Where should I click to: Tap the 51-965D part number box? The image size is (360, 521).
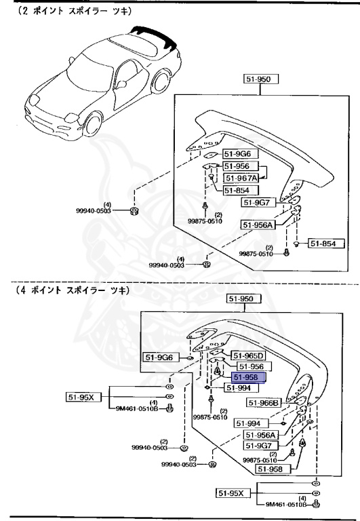(x=249, y=355)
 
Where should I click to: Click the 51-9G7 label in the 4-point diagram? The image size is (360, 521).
(x=257, y=446)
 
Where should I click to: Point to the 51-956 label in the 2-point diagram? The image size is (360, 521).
(x=239, y=166)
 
